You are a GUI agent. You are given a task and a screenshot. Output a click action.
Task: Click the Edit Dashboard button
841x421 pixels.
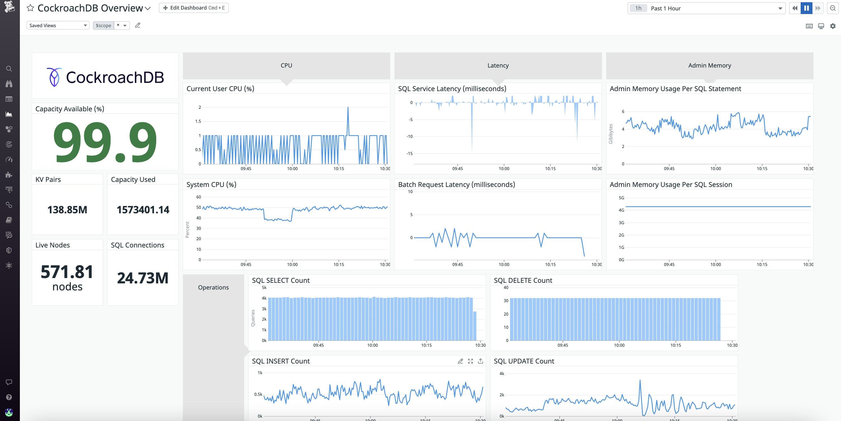pos(194,8)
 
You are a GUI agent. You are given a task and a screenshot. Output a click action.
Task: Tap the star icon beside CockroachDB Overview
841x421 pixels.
pos(30,8)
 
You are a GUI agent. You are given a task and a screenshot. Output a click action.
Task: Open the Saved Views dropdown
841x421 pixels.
pos(58,26)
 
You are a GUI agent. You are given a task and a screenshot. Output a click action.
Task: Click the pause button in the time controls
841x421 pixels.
pos(806,8)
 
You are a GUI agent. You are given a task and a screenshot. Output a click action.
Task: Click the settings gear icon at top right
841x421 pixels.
pos(833,26)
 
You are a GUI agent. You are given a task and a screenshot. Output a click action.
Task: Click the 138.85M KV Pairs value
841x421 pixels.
pos(67,210)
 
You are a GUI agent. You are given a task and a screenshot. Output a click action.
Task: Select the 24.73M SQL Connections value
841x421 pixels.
pos(143,278)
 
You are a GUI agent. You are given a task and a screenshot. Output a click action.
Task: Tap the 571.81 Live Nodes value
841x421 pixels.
pos(67,272)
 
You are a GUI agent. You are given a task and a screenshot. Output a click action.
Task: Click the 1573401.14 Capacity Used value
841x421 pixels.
pos(143,210)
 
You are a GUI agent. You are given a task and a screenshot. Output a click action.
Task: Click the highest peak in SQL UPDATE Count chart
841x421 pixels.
pos(640,380)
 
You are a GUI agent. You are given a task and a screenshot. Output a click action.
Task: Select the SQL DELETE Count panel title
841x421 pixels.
pos(523,281)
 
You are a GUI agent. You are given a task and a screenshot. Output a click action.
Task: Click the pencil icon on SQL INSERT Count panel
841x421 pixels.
pos(460,361)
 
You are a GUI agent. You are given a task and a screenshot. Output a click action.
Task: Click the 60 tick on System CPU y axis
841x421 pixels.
pos(198,197)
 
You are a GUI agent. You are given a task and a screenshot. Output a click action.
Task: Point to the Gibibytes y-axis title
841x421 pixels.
pos(611,134)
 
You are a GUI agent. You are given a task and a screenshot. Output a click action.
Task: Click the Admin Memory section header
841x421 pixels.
pos(709,65)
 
